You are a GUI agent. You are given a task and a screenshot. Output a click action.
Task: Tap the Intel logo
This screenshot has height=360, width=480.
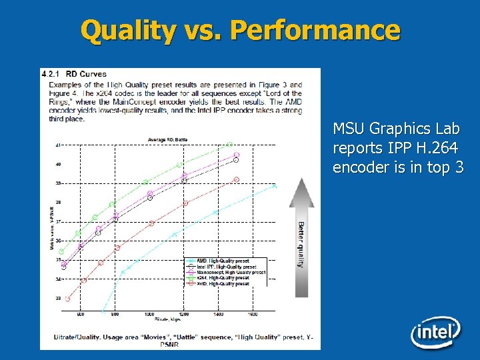(435, 331)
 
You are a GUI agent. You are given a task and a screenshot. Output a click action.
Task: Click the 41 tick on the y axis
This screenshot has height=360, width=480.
(59, 145)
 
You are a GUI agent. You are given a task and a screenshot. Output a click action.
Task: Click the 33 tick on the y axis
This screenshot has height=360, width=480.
(59, 298)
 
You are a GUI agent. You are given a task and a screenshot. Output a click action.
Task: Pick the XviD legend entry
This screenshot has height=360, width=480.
(223, 284)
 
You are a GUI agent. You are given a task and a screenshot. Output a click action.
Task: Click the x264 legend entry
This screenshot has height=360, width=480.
(223, 278)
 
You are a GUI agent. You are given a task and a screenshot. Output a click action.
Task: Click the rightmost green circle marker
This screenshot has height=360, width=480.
(230, 144)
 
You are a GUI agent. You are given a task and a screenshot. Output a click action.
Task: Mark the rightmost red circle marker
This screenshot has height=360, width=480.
(236, 180)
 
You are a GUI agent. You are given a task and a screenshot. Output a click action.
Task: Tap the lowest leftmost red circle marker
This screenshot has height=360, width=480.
(67, 299)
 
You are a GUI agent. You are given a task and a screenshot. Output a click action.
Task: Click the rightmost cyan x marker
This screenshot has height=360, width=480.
(275, 186)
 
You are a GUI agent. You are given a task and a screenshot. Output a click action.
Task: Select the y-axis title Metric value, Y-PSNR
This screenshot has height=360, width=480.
(51, 227)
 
